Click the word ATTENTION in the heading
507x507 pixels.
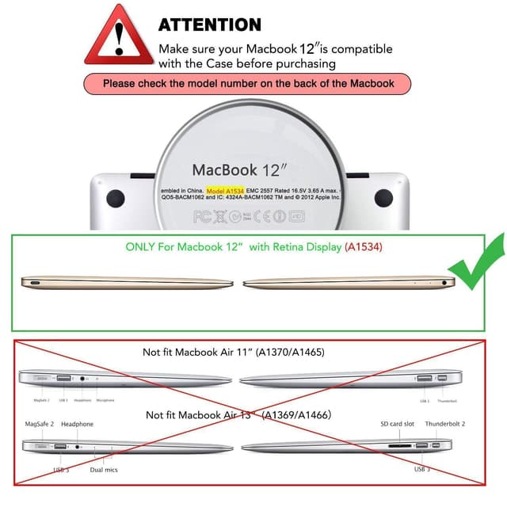tap(209, 25)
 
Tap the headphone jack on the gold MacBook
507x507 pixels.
tap(452, 281)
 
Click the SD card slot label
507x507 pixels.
tap(397, 424)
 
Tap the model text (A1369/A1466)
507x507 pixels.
tap(296, 415)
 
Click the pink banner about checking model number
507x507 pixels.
tap(247, 82)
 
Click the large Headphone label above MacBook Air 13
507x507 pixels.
tap(77, 425)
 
